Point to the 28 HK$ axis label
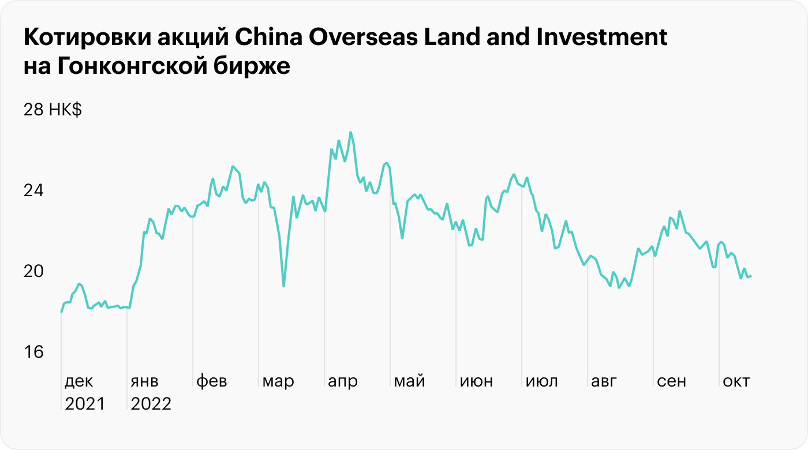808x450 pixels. (x=53, y=110)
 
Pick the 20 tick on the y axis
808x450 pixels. (x=33, y=271)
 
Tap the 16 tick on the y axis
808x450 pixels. (x=33, y=352)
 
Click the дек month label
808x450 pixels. (x=78, y=381)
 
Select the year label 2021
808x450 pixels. (x=85, y=403)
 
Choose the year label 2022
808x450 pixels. (x=151, y=403)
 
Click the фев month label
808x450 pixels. (x=212, y=381)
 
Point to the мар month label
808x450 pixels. (x=278, y=381)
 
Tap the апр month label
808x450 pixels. (x=343, y=381)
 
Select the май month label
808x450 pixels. (x=409, y=381)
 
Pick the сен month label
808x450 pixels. (x=672, y=381)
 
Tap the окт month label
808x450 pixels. (x=736, y=381)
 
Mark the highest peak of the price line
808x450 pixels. (x=350, y=133)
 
